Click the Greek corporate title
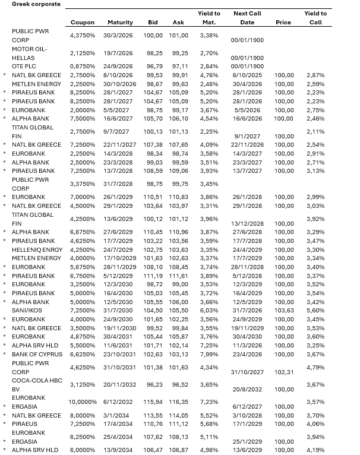36,4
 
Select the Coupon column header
82,23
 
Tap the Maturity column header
120,23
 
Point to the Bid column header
153,23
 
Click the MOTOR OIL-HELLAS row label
29,53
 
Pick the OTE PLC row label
24,66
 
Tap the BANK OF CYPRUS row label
36,355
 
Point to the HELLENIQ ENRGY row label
36,249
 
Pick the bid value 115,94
153,402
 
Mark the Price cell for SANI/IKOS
285,311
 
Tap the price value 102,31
285,372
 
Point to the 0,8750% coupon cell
83,66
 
